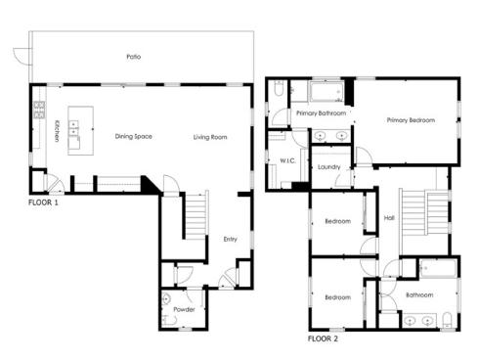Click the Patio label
pyautogui.click(x=134, y=57)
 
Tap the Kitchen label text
pyautogui.click(x=58, y=131)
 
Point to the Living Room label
pyautogui.click(x=209, y=137)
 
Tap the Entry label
pyautogui.click(x=231, y=239)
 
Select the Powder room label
pyautogui.click(x=185, y=310)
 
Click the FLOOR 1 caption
pyautogui.click(x=43, y=203)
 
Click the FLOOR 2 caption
pyautogui.click(x=323, y=339)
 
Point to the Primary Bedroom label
pyautogui.click(x=411, y=120)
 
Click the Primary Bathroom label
pyautogui.click(x=317, y=113)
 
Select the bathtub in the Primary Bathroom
pyautogui.click(x=323, y=95)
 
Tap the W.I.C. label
pyautogui.click(x=287, y=160)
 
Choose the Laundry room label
pyautogui.click(x=328, y=167)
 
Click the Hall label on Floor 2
pyautogui.click(x=389, y=218)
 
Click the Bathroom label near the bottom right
pyautogui.click(x=419, y=293)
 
